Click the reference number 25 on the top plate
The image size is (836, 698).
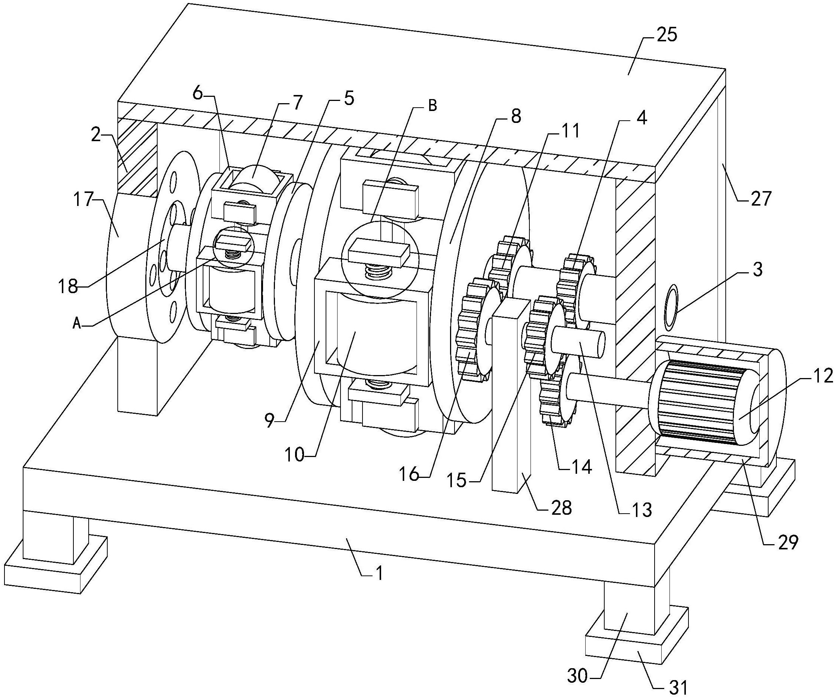click(x=667, y=35)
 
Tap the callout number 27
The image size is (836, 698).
click(x=761, y=198)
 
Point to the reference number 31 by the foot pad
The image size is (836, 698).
click(x=677, y=686)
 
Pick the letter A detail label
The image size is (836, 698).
click(x=77, y=324)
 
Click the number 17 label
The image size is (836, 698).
click(x=83, y=199)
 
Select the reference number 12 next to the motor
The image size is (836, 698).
click(x=823, y=376)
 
